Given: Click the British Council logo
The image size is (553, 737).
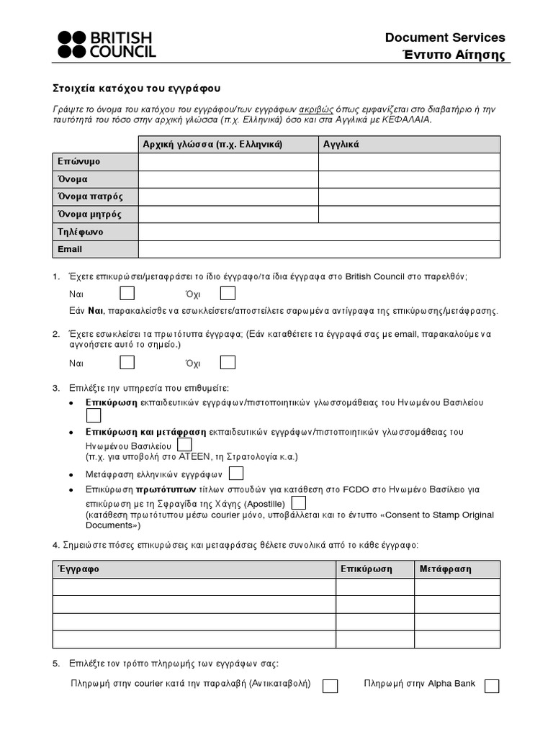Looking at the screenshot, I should [x=106, y=44].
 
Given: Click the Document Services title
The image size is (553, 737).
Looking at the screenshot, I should [x=445, y=37].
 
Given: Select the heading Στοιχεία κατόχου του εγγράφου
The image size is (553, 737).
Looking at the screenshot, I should [x=137, y=89].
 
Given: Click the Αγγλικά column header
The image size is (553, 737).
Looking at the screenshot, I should [x=341, y=144].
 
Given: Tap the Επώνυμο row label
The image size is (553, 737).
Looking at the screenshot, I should [x=79, y=162].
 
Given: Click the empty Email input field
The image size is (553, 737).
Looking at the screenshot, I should [x=319, y=249].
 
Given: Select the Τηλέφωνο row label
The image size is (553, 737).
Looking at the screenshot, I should [x=81, y=232].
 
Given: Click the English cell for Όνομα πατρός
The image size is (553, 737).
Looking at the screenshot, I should [x=409, y=196].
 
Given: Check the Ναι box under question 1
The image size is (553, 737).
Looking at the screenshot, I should [x=127, y=294].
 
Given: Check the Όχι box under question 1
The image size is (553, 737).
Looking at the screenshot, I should [x=228, y=294].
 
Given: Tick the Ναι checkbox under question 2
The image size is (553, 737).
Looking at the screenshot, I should [x=127, y=362].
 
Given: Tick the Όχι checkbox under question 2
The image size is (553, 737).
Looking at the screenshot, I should [x=228, y=362].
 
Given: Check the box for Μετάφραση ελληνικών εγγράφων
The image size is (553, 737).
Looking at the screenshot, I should [x=235, y=474].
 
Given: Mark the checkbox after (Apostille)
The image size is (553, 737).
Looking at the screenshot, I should [x=299, y=502].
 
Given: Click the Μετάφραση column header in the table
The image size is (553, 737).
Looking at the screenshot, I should [x=446, y=569].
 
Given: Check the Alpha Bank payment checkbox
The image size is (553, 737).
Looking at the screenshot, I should [x=492, y=686].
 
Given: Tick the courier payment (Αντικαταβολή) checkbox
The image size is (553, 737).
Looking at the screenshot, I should [x=330, y=686].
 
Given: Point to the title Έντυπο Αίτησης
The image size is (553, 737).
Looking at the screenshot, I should [x=453, y=55].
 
